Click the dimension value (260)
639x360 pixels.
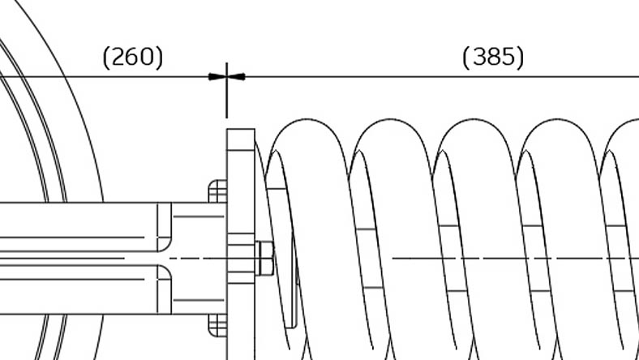coord(133,57)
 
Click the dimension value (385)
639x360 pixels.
coord(493,57)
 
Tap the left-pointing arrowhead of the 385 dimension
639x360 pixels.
coord(236,77)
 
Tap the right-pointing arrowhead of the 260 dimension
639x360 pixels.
coord(217,77)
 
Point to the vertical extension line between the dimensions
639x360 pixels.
coord(227,91)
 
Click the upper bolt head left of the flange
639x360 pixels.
coord(217,191)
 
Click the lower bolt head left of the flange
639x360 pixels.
coord(217,325)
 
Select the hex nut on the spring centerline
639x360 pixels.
coord(264,259)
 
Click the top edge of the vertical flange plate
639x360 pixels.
coord(241,129)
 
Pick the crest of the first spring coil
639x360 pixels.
coord(307,119)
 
